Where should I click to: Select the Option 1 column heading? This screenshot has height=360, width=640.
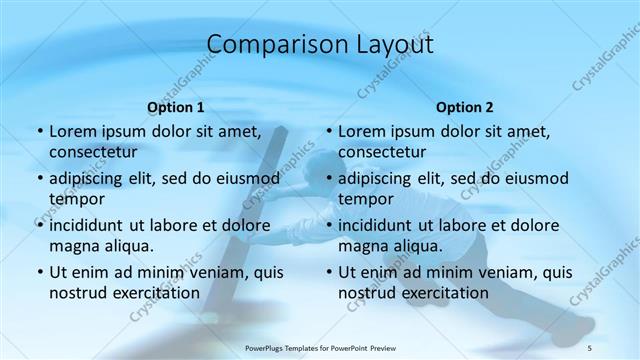[x=176, y=106]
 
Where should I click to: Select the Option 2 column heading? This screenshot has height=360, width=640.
[x=465, y=106]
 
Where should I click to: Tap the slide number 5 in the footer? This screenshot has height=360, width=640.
[x=590, y=347]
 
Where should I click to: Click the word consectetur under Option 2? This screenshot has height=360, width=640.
[x=382, y=152]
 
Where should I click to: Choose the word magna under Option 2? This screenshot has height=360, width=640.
[x=362, y=246]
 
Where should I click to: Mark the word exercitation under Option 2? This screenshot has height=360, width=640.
[x=443, y=293]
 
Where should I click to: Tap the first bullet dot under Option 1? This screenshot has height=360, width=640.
[x=39, y=132]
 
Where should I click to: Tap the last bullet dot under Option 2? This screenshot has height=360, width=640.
[x=328, y=273]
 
